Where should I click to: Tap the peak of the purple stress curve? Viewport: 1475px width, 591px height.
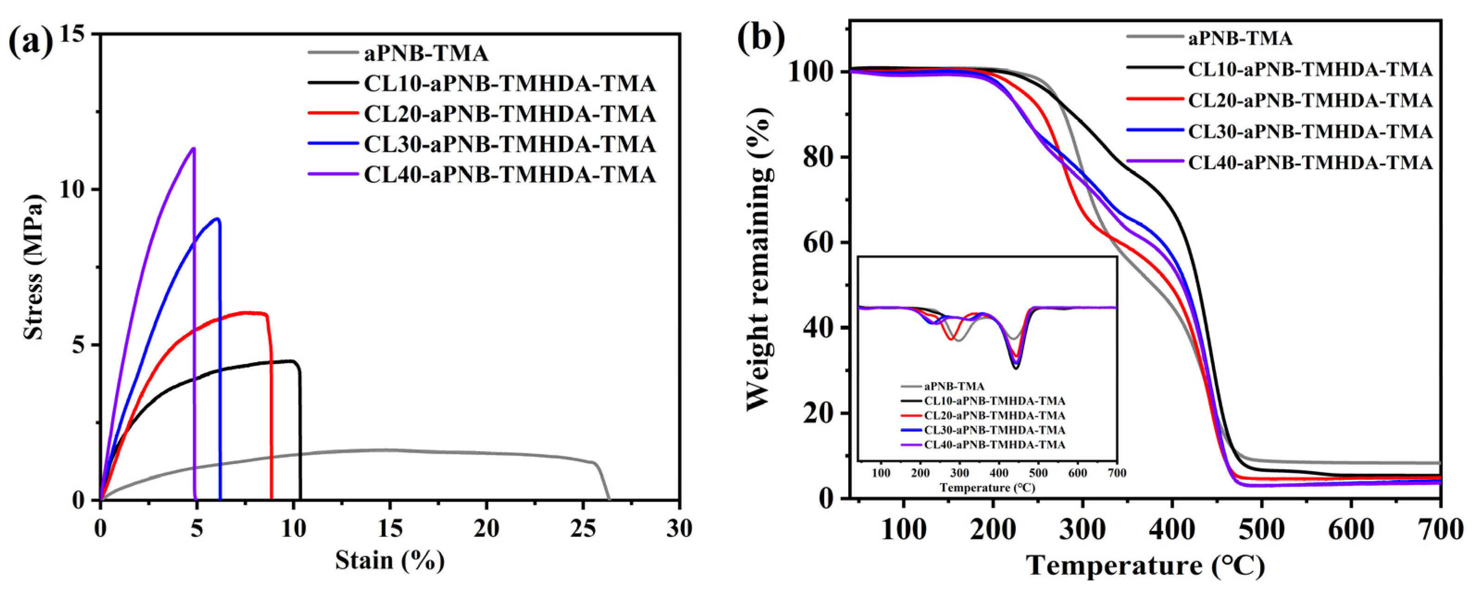[x=194, y=148]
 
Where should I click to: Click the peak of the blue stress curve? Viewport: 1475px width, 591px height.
[x=217, y=218]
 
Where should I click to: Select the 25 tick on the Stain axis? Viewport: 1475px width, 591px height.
[x=583, y=528]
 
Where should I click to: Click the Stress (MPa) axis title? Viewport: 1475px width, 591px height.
[x=34, y=266]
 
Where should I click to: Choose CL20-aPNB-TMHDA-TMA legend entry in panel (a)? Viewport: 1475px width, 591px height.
[x=509, y=114]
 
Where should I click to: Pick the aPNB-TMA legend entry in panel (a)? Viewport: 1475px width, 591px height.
[x=426, y=53]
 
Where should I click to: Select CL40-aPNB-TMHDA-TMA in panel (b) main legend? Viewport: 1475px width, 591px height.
[x=1310, y=162]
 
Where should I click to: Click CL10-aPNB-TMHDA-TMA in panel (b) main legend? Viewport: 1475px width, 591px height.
[x=1310, y=69]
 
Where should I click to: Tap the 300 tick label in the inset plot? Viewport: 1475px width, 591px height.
[x=960, y=473]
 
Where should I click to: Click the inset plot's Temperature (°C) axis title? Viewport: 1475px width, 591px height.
[x=987, y=488]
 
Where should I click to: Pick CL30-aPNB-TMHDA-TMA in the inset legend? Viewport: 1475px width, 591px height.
[x=994, y=429]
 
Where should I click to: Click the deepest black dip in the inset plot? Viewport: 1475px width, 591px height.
[x=1016, y=368]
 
